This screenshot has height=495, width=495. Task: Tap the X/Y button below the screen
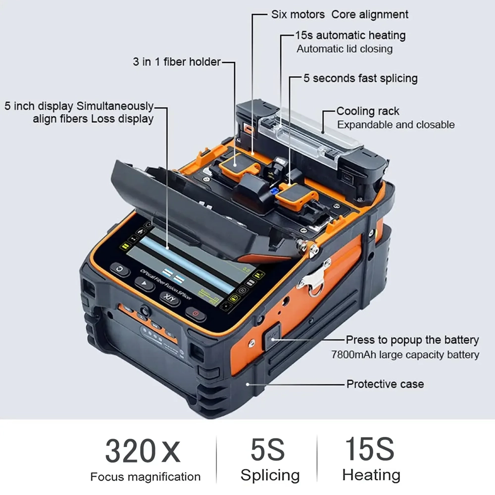(170, 298)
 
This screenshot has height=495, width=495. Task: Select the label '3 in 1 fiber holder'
(176, 62)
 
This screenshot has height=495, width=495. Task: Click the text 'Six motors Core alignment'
(340, 14)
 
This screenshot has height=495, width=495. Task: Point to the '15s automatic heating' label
(350, 36)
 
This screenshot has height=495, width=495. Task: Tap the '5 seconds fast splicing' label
(360, 78)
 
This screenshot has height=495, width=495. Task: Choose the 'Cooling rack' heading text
(367, 111)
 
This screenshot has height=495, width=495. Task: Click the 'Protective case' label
(385, 384)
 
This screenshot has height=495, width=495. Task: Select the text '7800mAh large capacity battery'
(405, 355)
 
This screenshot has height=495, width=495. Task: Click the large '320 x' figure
(143, 450)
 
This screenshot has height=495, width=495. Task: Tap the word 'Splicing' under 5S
(270, 476)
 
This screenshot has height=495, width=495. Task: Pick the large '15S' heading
(370, 449)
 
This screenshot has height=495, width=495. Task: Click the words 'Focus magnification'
(145, 477)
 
